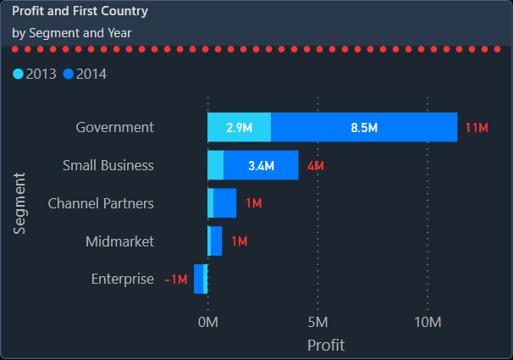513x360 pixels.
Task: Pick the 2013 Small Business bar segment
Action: click(216, 165)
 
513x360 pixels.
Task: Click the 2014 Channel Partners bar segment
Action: click(225, 203)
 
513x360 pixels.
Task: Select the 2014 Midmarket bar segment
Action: click(216, 241)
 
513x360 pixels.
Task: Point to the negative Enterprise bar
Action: click(199, 279)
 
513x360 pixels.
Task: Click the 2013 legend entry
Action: click(35, 74)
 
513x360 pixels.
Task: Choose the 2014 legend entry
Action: click(85, 74)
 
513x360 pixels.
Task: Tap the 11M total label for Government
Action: click(477, 128)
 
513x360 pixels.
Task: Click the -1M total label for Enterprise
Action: click(176, 280)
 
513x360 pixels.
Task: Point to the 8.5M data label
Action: click(364, 128)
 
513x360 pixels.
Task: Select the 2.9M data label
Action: click(240, 128)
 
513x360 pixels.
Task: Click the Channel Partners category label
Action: click(101, 203)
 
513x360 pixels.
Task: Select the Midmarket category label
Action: click(119, 241)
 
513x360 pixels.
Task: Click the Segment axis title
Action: click(20, 203)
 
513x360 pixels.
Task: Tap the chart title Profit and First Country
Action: click(80, 12)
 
